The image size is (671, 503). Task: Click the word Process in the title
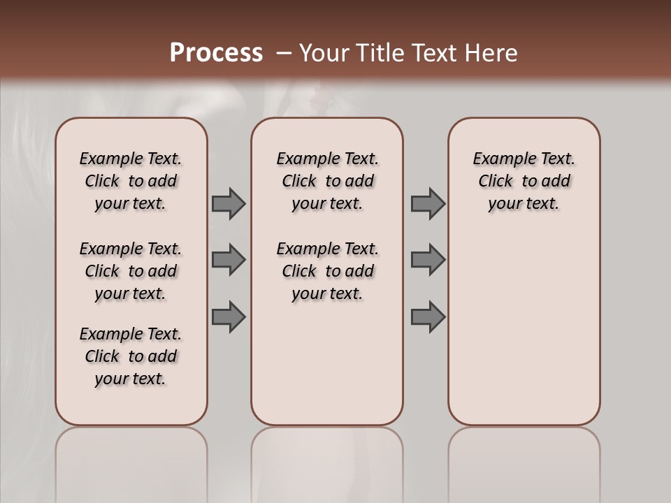click(x=216, y=52)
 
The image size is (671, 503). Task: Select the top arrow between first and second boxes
click(x=229, y=203)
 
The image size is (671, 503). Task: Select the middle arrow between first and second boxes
click(x=229, y=260)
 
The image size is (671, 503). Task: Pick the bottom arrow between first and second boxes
click(x=229, y=317)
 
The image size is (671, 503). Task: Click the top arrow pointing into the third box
click(x=428, y=203)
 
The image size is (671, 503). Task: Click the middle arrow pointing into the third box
click(x=428, y=260)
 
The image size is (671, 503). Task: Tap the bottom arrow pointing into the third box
click(x=428, y=317)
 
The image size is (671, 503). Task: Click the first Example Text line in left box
click(x=131, y=159)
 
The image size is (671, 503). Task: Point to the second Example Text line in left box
click(x=131, y=249)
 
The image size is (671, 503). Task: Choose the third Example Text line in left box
click(x=131, y=334)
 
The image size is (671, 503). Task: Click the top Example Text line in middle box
click(x=328, y=159)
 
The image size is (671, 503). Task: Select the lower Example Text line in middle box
click(x=328, y=249)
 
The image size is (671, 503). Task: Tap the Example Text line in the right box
click(x=524, y=159)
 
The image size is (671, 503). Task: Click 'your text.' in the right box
click(x=524, y=204)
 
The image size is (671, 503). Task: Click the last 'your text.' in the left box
click(x=131, y=379)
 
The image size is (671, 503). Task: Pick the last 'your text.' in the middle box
click(x=328, y=294)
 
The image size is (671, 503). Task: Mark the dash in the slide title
click(x=284, y=54)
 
